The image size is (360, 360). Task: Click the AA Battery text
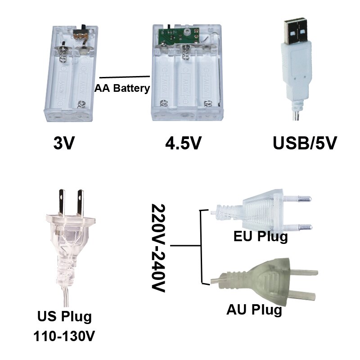(x=122, y=88)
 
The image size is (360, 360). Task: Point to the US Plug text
(x=64, y=316)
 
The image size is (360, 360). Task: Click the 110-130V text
(x=66, y=336)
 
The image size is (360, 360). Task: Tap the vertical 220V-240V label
(x=158, y=248)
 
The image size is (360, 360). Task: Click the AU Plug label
(x=254, y=310)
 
